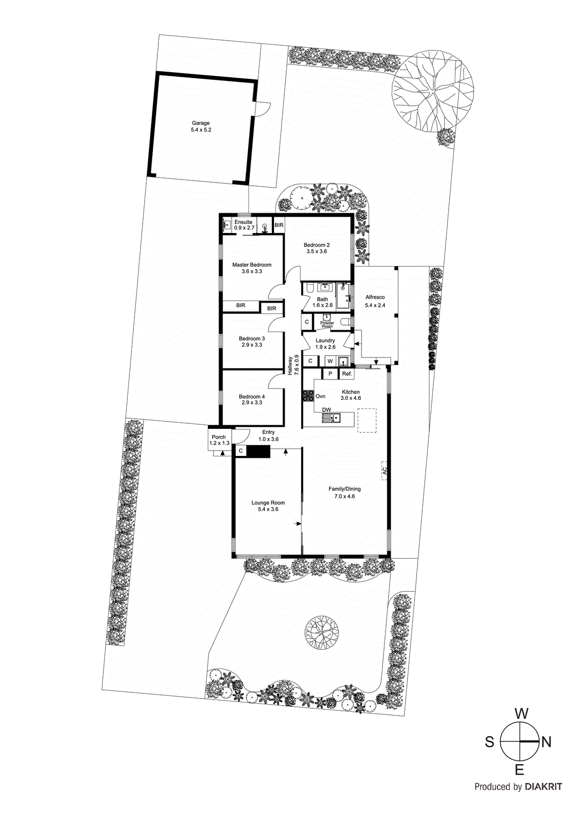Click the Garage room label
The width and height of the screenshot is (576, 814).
tap(201, 123)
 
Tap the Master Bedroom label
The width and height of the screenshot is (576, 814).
tap(252, 265)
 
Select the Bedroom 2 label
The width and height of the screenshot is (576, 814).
tap(317, 245)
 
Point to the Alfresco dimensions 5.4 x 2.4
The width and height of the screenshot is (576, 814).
tap(375, 305)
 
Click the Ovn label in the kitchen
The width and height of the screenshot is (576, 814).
tap(320, 396)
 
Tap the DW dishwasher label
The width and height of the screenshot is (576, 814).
tap(326, 410)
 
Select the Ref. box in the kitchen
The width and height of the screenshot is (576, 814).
tap(347, 374)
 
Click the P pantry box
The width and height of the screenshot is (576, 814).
tap(330, 374)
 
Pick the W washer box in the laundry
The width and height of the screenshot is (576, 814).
tap(330, 361)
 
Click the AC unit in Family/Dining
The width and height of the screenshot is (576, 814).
tap(385, 471)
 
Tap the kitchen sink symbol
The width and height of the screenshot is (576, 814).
tap(331, 419)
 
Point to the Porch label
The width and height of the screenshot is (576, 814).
tap(218, 437)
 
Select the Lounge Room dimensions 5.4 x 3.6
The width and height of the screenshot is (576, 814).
tap(268, 509)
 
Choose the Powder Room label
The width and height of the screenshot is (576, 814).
tap(327, 324)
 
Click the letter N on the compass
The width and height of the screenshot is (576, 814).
tap(546, 742)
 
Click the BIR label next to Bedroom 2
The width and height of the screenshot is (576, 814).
tap(279, 225)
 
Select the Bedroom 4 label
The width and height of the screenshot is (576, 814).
tap(252, 397)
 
